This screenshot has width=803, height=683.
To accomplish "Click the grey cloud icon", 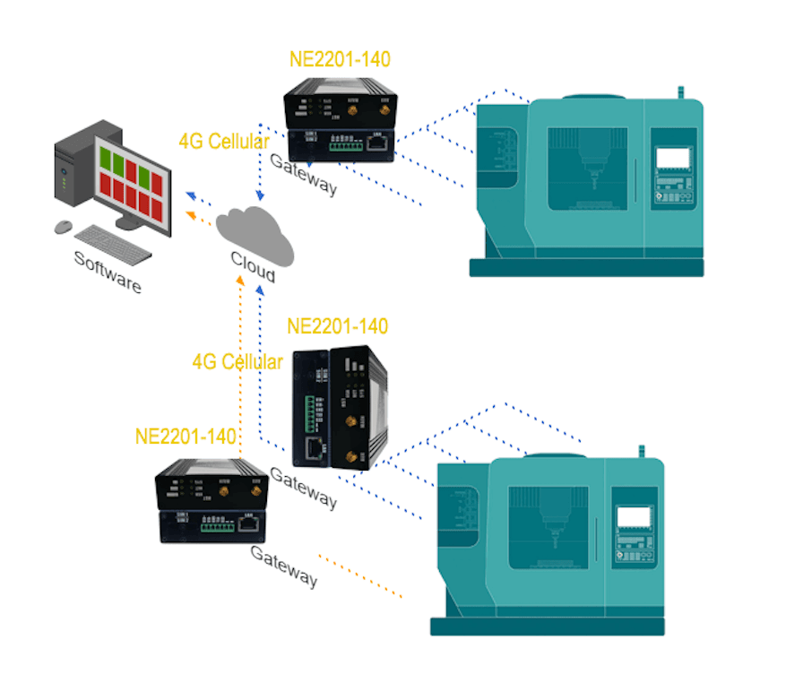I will (x=256, y=234).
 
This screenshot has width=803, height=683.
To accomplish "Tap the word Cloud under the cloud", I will (x=254, y=265).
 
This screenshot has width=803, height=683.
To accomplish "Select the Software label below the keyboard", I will (x=108, y=272).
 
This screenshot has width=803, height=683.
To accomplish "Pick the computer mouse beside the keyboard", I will (x=63, y=227).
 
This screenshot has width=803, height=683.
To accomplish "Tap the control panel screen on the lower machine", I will (x=634, y=518).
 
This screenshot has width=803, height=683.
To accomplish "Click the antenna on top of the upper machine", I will (x=680, y=93).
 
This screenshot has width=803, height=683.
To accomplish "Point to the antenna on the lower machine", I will (x=642, y=450).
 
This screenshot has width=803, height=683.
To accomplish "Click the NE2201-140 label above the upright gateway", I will (x=338, y=325).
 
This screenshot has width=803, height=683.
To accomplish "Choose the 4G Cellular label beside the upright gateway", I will (x=237, y=362).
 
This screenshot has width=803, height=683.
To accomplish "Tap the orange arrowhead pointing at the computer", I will (x=191, y=213).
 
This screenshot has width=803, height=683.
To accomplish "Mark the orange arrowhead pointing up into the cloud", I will (x=241, y=281).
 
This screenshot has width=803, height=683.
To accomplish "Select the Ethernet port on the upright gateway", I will (x=313, y=449).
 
